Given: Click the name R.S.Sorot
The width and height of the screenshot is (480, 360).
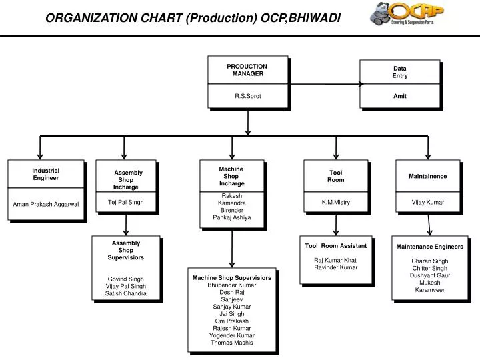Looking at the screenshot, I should [247, 96].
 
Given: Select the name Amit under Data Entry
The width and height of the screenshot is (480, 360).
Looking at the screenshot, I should [399, 96].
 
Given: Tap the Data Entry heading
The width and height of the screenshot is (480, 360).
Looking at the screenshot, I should [399, 72].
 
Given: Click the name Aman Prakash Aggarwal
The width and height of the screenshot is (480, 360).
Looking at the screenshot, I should [46, 204].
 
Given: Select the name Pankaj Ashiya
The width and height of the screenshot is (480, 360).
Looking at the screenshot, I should [232, 217].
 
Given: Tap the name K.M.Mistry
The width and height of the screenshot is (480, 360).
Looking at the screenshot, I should [335, 202].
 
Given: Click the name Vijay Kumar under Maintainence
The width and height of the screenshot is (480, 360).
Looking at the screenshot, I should [427, 202].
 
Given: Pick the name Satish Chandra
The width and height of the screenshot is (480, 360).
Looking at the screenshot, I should [125, 293].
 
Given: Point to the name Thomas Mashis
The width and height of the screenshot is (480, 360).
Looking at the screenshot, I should [232, 343].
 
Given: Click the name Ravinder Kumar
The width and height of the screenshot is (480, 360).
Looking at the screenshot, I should [335, 267].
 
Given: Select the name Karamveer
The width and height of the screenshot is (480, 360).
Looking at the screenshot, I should [429, 290].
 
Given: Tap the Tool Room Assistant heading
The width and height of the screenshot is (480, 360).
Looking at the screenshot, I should [335, 247].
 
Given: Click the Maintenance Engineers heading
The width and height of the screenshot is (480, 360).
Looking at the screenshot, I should [429, 247].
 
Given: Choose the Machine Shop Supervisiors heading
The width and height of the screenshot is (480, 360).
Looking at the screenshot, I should [232, 277].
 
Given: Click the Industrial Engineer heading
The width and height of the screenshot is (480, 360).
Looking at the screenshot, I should [46, 175].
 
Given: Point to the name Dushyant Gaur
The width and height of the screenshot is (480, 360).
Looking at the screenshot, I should [429, 275].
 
